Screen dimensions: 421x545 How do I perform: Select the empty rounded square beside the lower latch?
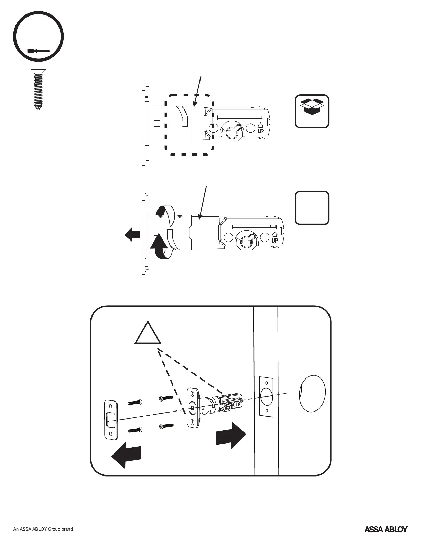312,208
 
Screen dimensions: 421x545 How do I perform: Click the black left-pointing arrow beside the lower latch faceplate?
132,235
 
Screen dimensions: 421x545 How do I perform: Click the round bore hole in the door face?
312,393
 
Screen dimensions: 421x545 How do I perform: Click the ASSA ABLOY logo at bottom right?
386,529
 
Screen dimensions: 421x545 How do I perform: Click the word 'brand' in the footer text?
67,529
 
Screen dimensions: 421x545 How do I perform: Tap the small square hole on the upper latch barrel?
157,123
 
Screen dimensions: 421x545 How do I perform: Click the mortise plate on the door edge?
266,396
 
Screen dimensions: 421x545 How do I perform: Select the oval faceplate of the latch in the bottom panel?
193,408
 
